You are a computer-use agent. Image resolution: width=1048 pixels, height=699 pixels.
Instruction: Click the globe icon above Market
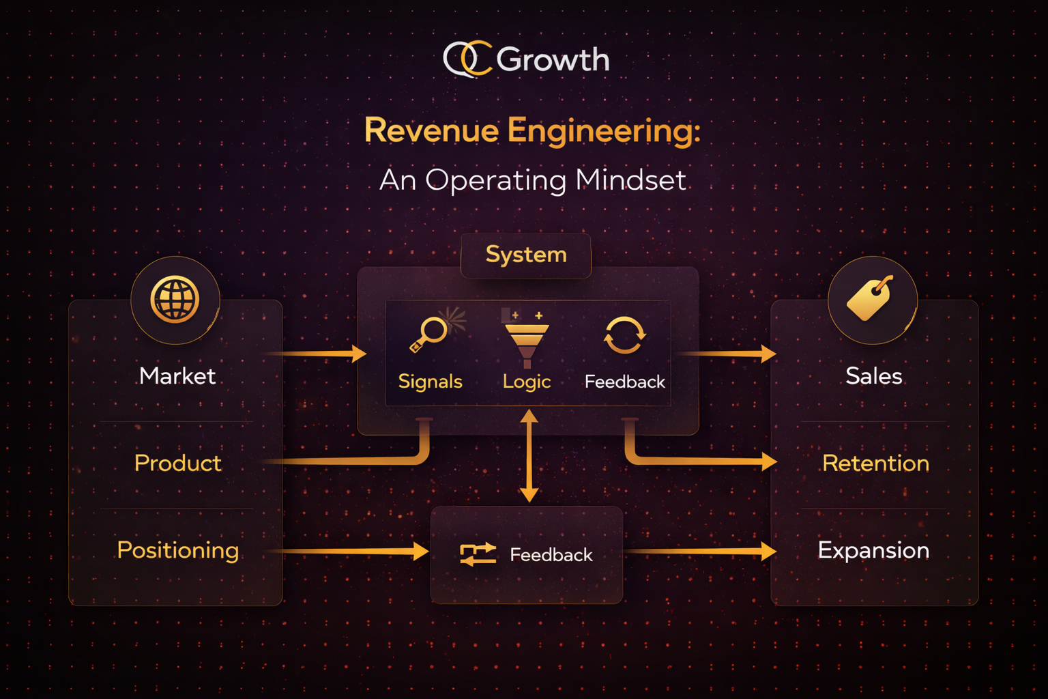175,299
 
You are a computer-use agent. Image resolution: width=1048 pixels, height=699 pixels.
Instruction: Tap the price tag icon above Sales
871,298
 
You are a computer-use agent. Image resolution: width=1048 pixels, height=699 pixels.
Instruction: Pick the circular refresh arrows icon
624,335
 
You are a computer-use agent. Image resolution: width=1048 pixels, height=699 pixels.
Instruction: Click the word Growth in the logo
553,60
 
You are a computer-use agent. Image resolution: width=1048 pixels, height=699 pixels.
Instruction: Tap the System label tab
526,255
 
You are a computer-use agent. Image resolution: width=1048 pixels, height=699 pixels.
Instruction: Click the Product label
178,463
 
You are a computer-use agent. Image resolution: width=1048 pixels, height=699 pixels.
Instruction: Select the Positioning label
178,550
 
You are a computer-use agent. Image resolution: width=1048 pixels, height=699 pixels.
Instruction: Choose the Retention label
875,463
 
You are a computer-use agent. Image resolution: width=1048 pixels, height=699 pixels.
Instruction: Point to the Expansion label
873,550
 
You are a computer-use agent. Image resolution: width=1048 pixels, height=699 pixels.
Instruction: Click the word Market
177,376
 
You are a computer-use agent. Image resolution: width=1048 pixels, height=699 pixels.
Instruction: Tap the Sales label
873,376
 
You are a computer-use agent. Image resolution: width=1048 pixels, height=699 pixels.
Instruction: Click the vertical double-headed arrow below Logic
529,455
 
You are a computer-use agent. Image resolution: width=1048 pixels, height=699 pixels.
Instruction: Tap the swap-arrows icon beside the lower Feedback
478,554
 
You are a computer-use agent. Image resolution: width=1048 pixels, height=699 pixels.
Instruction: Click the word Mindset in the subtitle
630,180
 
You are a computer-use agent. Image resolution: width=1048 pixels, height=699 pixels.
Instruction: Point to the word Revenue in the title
431,130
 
